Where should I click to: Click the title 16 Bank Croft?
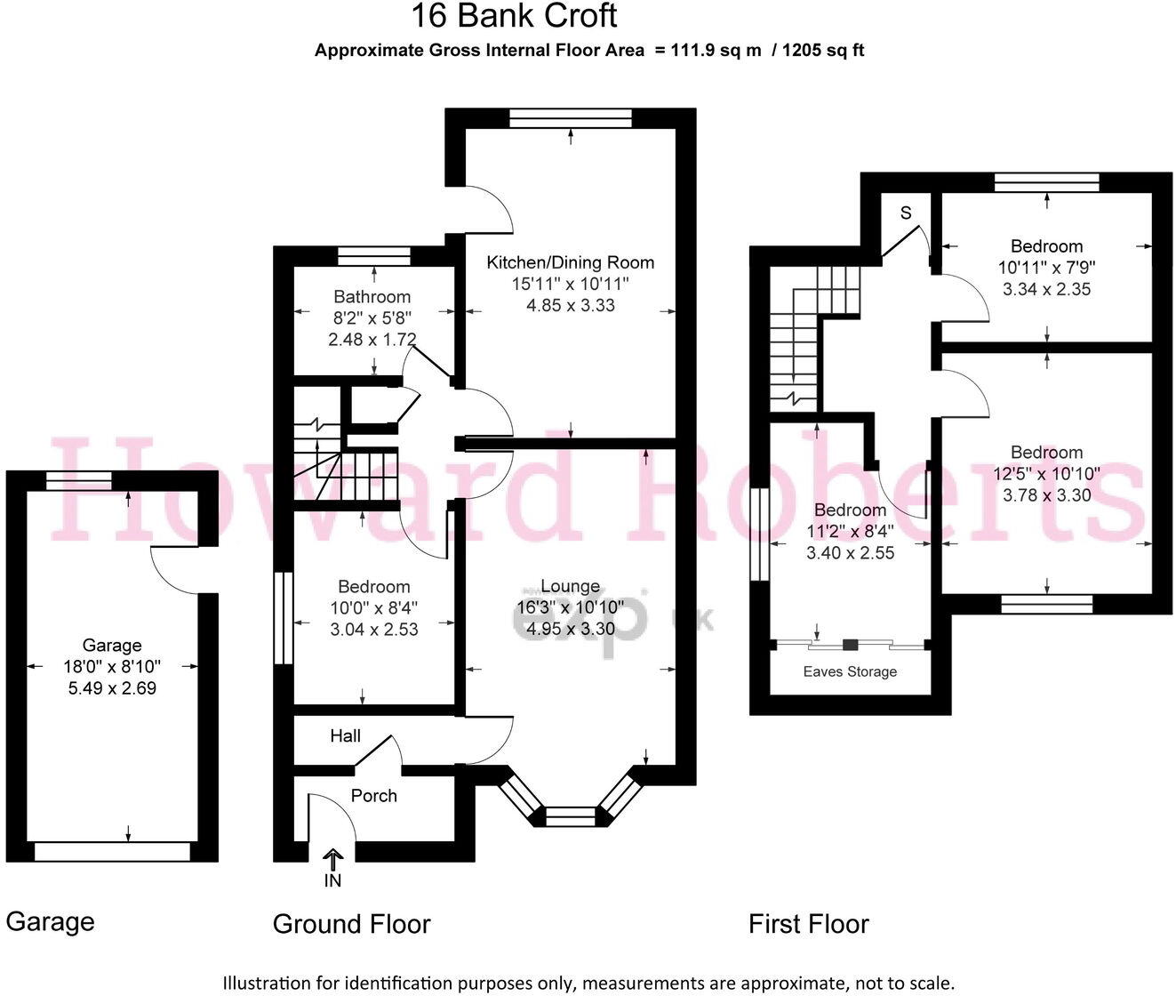coord(513,16)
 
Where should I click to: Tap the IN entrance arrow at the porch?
coord(332,859)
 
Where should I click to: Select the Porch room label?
coord(373,796)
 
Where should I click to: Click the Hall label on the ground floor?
coord(345,735)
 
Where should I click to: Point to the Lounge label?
coord(570,587)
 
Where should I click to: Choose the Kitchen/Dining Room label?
coord(570,262)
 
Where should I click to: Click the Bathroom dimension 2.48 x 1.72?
coord(372,339)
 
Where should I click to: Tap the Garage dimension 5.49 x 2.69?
coord(112,687)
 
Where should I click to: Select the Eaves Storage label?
coord(850,672)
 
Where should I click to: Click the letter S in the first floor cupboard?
coord(906,213)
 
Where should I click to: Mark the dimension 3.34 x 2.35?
coord(1046,289)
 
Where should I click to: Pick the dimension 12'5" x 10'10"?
coord(1046,474)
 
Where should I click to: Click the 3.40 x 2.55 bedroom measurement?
coord(850,552)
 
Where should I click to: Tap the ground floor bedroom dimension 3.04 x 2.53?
coord(373,630)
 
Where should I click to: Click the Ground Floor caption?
coord(351,924)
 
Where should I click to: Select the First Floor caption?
coord(808,924)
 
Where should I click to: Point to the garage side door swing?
coord(178,569)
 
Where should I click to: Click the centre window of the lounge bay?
coord(570,812)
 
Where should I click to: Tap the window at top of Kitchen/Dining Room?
coord(570,117)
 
